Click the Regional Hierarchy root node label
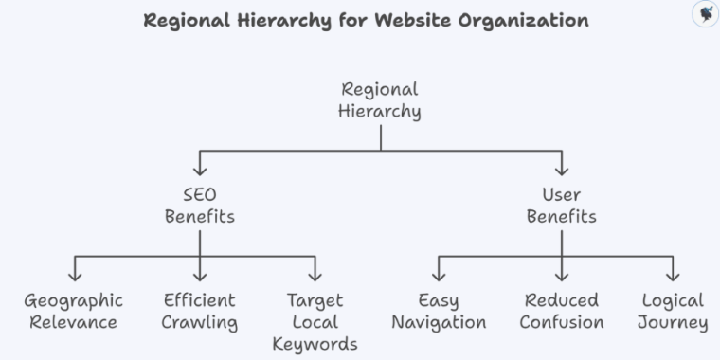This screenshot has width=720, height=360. pos(380,100)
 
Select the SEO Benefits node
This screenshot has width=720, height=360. pos(200,206)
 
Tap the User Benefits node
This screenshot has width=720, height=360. pos(562,206)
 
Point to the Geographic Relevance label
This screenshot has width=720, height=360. pos(74,312)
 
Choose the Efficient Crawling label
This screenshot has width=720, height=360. pos(200,312)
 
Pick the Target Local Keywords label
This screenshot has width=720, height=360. pos(315,322)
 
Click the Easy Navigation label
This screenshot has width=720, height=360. pos(439,312)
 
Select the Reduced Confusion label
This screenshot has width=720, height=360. pos(562,312)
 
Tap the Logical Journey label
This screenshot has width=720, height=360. pos(673,312)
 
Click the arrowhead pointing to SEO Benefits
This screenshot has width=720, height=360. pos(200,171)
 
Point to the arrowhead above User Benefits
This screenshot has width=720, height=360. pos(562,171)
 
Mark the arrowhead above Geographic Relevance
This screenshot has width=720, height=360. pos(75,277)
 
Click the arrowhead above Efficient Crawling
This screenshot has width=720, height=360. pos(200,277)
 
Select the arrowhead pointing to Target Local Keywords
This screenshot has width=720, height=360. pos(315,277)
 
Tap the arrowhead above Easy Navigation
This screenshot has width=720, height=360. pos(439,277)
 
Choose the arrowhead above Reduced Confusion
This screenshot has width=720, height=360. pos(562,277)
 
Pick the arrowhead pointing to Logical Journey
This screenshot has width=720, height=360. pos(673,277)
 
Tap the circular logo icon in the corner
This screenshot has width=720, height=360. pos(704,14)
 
